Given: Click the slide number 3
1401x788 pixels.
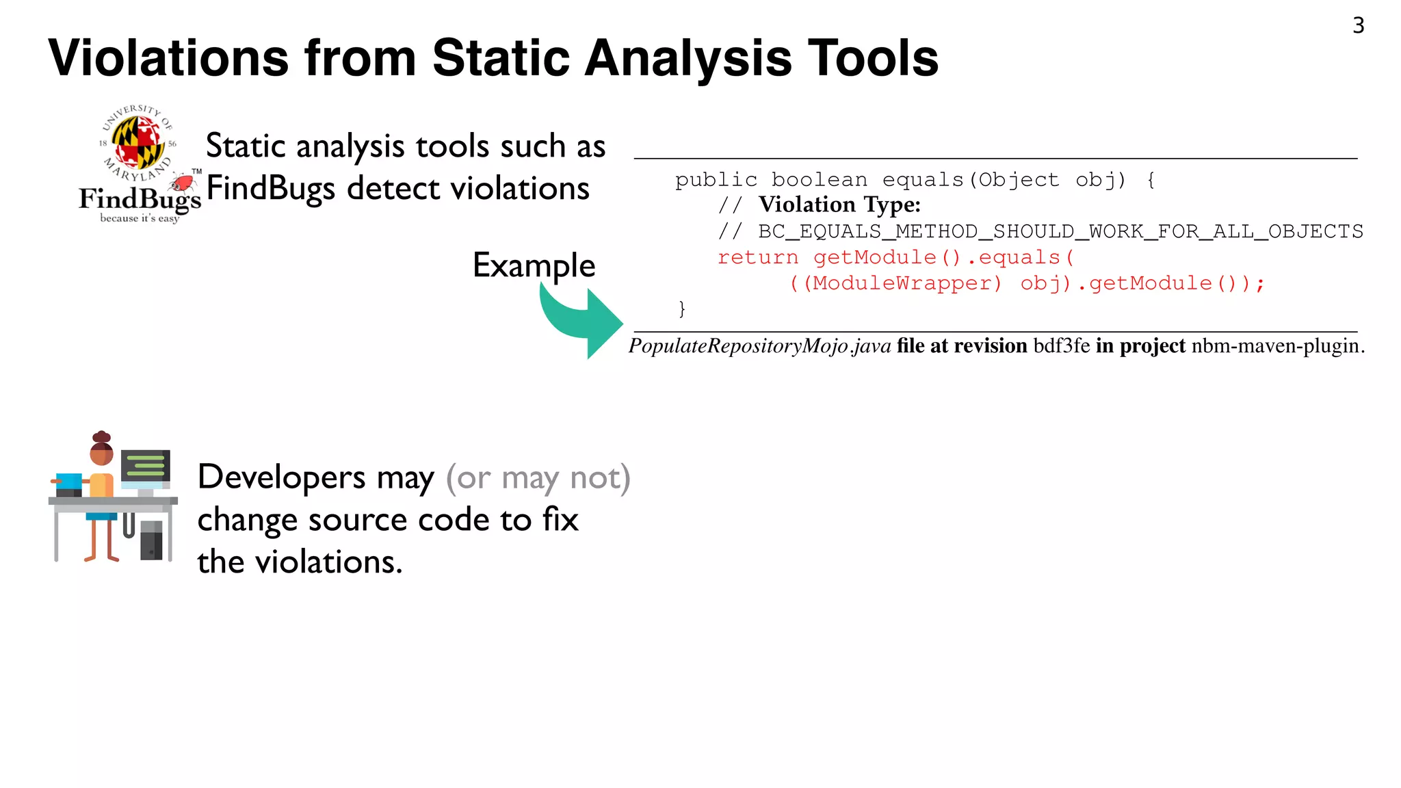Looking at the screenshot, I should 1358,26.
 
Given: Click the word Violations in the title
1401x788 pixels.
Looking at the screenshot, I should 168,59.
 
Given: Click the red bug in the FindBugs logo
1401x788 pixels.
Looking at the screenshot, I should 182,183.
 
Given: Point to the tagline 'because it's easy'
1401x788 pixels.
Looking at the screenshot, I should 140,218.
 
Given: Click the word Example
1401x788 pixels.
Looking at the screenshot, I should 534,265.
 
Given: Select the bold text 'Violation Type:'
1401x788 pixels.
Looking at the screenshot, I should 839,205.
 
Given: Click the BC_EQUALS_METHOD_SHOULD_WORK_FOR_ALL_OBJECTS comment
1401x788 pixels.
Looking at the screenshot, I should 1060,231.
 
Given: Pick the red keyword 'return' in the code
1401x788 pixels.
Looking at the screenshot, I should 757,258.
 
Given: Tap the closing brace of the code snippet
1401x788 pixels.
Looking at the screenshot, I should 681,308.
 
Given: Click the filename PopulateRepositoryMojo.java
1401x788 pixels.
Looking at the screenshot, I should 759,346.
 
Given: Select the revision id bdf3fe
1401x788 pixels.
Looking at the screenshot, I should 1061,346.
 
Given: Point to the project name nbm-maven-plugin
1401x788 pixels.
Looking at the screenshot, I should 1276,346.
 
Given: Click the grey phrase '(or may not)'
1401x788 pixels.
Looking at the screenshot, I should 538,477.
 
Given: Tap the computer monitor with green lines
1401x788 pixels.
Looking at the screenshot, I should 145,466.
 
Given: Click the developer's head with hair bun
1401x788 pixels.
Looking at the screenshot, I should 101,449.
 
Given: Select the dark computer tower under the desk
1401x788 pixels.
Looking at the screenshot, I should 151,540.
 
